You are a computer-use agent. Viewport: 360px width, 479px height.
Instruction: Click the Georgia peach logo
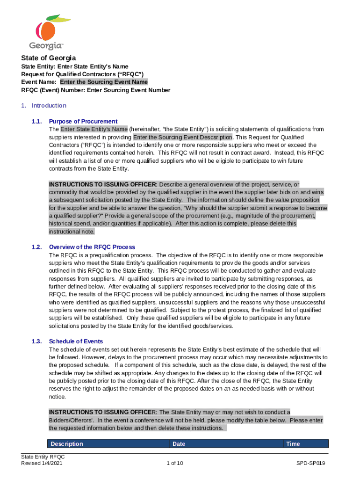(47, 31)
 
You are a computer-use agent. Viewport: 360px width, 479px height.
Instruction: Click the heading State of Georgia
(49, 58)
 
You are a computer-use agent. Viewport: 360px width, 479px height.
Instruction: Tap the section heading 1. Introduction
(44, 106)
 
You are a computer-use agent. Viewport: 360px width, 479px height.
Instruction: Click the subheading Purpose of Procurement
(83, 122)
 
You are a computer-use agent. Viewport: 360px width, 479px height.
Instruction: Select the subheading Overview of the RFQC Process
(92, 247)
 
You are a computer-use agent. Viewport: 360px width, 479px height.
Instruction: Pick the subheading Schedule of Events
(76, 341)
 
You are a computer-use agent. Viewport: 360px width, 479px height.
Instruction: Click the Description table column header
(67, 444)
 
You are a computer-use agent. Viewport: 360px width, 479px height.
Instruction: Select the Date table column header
(179, 444)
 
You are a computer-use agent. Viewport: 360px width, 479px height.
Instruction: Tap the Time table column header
(293, 444)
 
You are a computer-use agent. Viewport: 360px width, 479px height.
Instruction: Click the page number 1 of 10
(174, 464)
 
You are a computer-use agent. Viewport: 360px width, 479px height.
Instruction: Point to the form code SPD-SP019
(310, 464)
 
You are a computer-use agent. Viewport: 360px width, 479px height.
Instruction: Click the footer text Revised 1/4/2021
(42, 464)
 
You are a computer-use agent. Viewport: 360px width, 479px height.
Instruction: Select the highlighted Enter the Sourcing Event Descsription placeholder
(183, 137)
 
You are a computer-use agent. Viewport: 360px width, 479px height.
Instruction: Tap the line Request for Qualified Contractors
(82, 74)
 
